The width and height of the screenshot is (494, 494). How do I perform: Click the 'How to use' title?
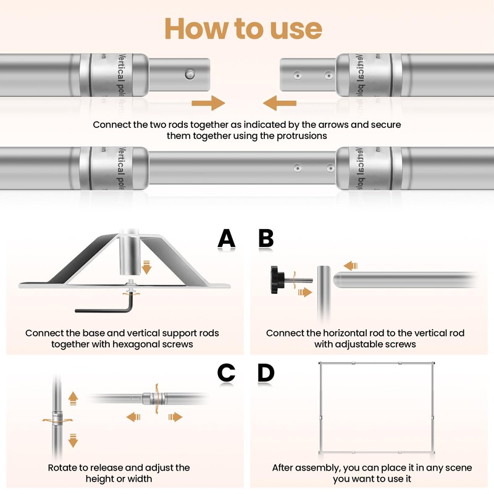[x=243, y=28]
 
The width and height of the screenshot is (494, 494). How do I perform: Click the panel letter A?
[x=227, y=238]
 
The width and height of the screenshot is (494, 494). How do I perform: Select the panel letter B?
[x=266, y=238]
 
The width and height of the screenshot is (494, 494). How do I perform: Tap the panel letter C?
[x=227, y=372]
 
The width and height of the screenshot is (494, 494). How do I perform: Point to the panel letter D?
[x=266, y=372]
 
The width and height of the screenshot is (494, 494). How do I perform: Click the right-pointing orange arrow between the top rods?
[x=207, y=102]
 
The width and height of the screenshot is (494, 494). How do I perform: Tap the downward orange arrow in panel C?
[x=72, y=440]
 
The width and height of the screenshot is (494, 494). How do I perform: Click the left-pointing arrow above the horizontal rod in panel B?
[x=351, y=266]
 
